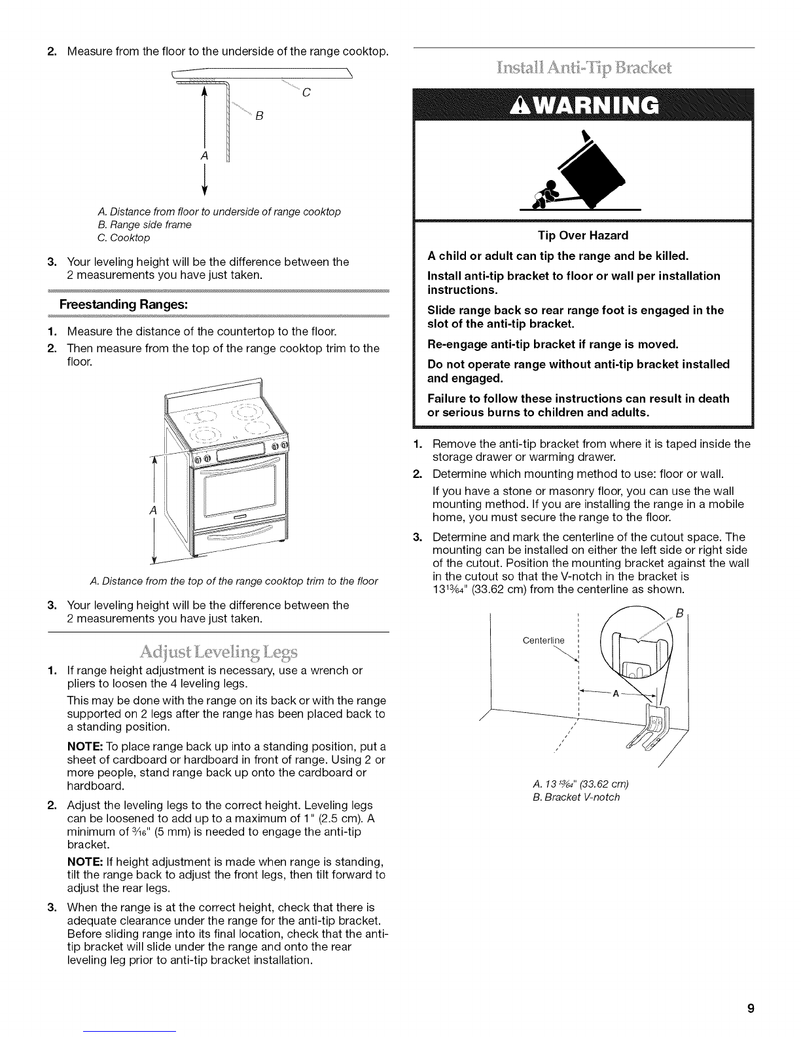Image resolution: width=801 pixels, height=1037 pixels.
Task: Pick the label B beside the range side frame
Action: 258,118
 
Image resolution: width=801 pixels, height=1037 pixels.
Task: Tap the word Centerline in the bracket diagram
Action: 544,640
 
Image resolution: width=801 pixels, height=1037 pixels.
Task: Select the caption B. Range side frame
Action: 144,225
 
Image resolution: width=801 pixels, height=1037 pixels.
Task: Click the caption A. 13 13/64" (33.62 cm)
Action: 581,784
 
